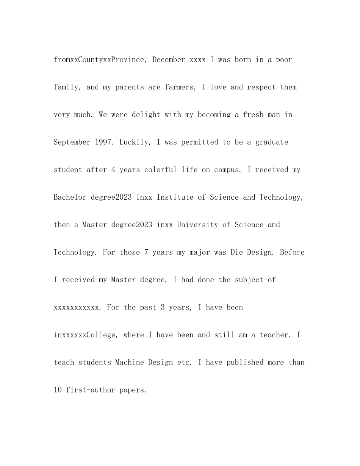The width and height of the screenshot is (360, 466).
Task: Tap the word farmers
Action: pos(179,87)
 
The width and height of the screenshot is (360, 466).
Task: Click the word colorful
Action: pos(160,170)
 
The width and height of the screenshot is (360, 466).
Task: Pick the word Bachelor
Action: pos(70,197)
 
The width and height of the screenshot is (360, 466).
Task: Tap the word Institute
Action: pos(175,197)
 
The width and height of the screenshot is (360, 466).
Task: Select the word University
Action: pos(197,225)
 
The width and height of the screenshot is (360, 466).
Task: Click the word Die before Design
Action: pos(236,252)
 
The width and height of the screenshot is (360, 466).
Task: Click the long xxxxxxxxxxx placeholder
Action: pos(76,308)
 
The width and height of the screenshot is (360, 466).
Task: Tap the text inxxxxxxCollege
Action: pos(85,335)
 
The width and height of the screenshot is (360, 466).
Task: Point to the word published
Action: pos(245,363)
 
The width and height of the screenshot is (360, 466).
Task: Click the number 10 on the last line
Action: pos(58,390)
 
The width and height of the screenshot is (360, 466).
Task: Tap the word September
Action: pos(72,142)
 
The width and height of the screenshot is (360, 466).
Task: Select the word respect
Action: pos(261,87)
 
